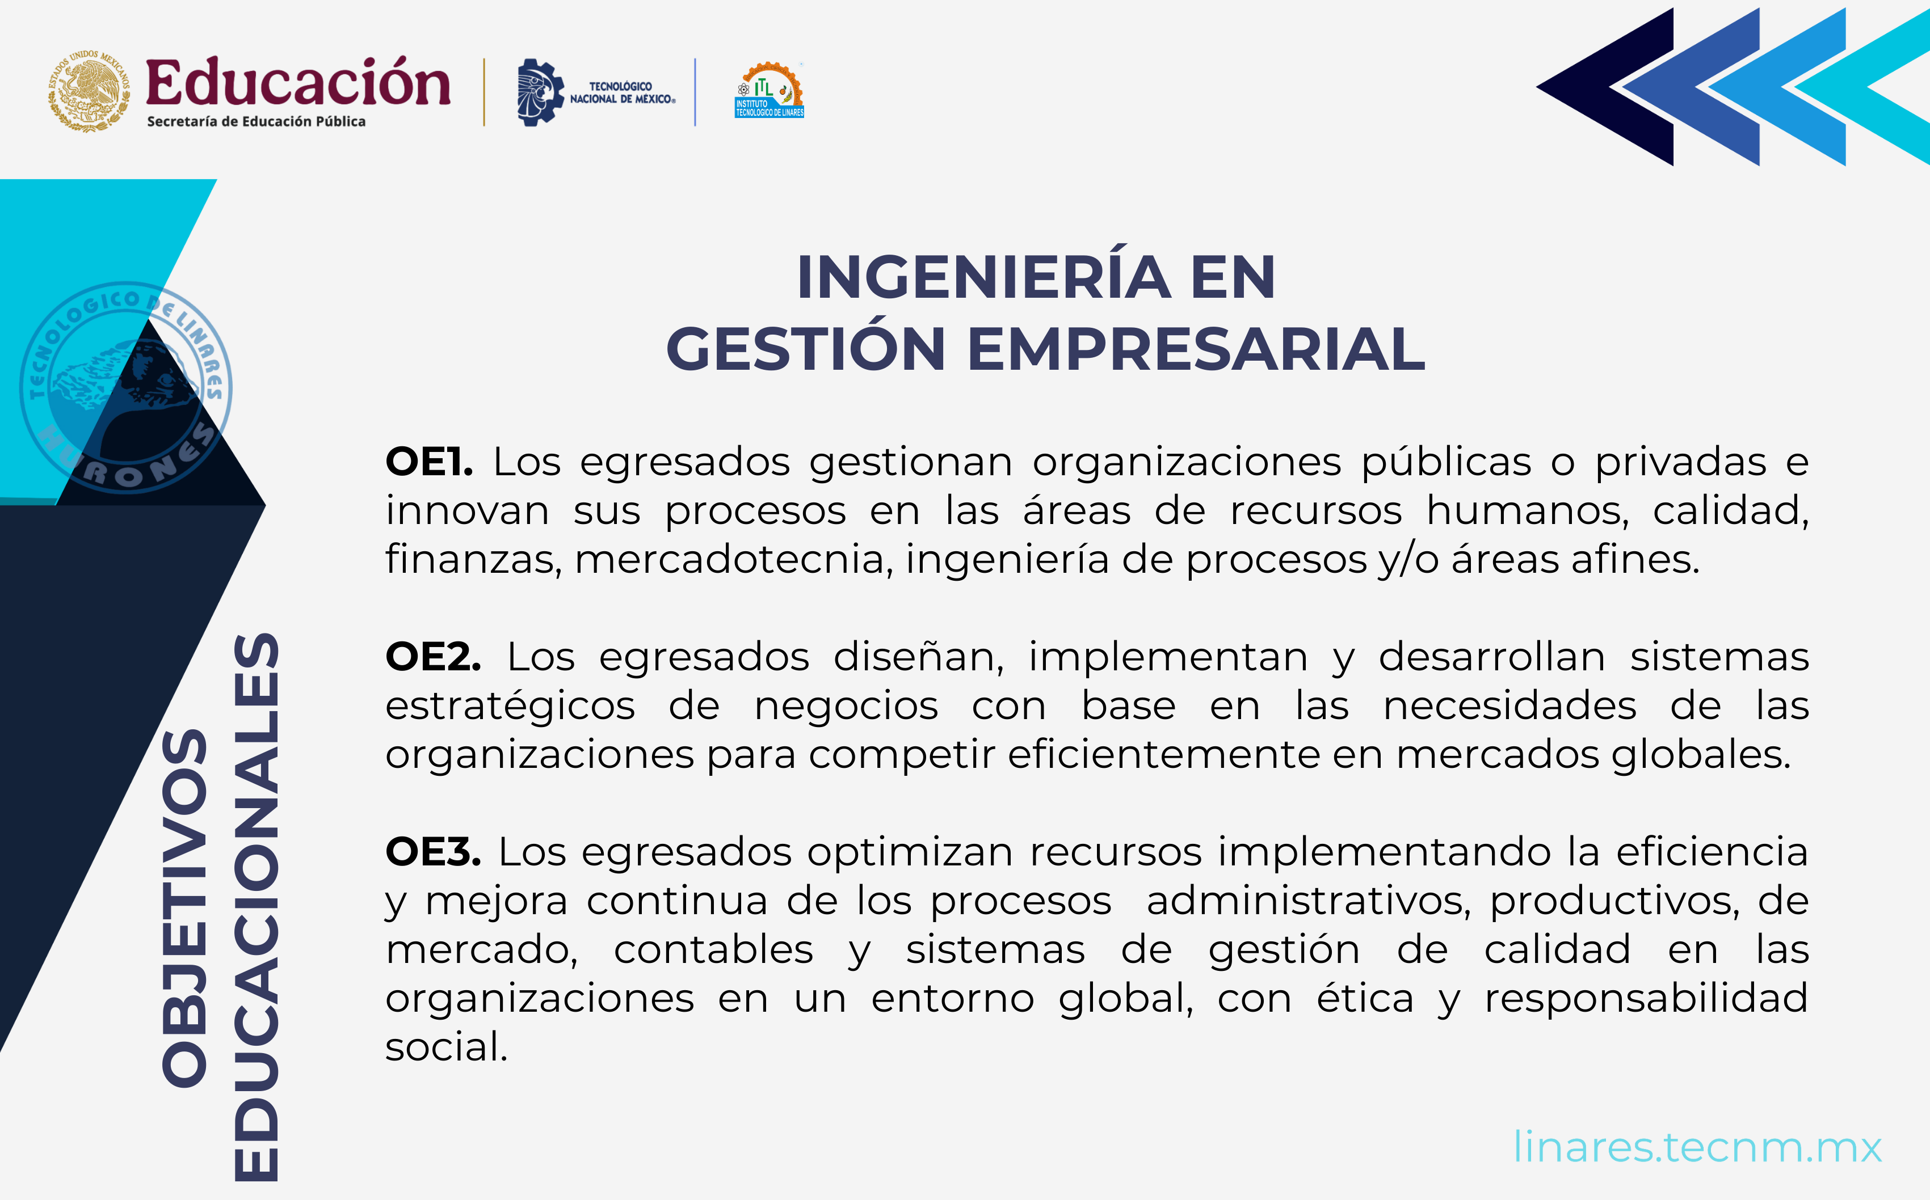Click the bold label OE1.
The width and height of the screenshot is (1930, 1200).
pos(428,462)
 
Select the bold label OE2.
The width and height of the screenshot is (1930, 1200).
pos(432,657)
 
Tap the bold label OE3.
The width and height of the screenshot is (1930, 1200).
pos(432,852)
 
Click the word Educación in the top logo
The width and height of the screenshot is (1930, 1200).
pos(298,83)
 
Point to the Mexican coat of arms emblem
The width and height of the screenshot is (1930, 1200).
pos(89,92)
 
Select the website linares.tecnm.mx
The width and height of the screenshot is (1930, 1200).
pos(1697,1147)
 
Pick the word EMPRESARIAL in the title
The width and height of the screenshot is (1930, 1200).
pos(1196,349)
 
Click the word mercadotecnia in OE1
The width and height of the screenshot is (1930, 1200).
pos(728,560)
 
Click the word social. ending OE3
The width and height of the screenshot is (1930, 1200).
pos(446,1047)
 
